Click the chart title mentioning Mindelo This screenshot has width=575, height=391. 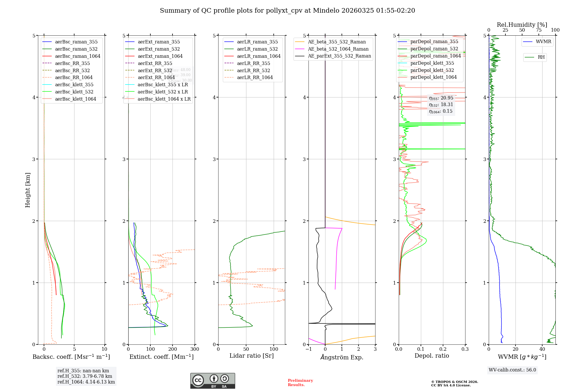(x=287, y=11)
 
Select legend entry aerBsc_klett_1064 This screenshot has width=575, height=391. (x=76, y=99)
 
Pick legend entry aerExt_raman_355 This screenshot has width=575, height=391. (x=159, y=42)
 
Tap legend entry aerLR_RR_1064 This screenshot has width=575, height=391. (x=255, y=77)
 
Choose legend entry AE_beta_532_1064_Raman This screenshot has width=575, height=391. (x=338, y=49)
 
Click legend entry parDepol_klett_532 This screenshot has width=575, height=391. (x=432, y=70)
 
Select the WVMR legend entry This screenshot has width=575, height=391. (x=543, y=42)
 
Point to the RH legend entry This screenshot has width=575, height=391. (x=541, y=57)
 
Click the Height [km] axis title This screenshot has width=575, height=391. (x=28, y=190)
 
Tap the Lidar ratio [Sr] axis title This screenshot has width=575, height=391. (x=252, y=356)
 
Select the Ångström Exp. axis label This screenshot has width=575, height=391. (x=342, y=357)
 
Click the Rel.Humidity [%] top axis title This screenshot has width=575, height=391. (x=522, y=25)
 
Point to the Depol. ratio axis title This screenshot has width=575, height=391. (x=432, y=356)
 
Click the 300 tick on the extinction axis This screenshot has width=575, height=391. (x=195, y=349)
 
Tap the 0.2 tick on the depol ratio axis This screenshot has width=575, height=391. (x=443, y=349)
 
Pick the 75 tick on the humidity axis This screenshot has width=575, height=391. (x=539, y=30)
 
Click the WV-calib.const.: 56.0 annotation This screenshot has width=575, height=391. (x=512, y=370)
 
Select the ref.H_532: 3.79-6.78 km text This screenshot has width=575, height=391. (x=85, y=376)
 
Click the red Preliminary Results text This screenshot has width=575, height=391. (x=300, y=383)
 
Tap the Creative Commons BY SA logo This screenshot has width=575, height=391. (x=212, y=381)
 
